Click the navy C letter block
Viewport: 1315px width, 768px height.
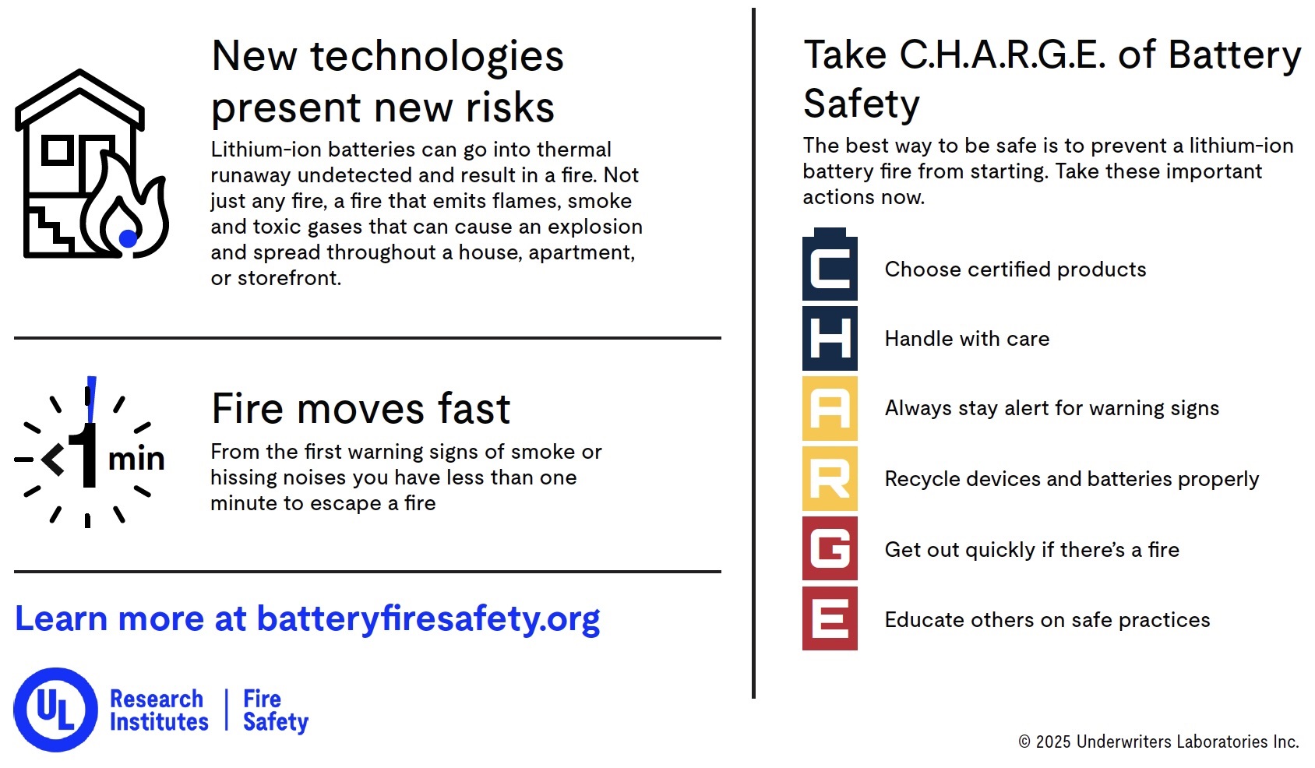(x=830, y=269)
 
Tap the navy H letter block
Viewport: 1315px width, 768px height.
(x=830, y=339)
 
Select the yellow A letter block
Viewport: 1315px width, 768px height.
(x=830, y=408)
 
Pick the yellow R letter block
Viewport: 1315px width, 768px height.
(x=830, y=478)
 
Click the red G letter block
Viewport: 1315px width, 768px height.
(x=830, y=548)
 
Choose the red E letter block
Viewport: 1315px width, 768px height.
(x=830, y=619)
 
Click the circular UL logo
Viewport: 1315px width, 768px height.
(x=55, y=710)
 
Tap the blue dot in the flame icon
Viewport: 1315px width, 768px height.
(x=128, y=238)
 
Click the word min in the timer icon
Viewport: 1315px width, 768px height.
(x=136, y=459)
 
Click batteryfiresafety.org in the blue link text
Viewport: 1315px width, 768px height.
(x=428, y=619)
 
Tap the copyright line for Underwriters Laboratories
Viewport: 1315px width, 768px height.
(x=1158, y=742)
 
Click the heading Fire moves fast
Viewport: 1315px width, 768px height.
(x=361, y=409)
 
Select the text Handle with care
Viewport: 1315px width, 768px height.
(x=967, y=339)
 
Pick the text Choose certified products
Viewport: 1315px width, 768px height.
(x=1015, y=270)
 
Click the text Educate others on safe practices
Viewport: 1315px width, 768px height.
(x=1047, y=620)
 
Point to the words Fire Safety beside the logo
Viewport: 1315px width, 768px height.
(x=275, y=710)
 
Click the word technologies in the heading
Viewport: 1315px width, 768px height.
(x=436, y=57)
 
